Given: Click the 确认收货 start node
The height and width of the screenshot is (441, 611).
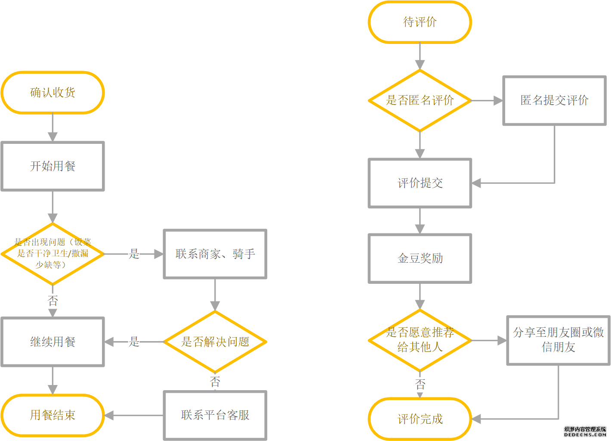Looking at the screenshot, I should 52,93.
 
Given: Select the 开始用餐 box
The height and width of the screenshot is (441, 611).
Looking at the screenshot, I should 52,166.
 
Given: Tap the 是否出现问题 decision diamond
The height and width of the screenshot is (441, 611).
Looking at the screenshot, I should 52,254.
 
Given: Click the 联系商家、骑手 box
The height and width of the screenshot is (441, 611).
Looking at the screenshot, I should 215,254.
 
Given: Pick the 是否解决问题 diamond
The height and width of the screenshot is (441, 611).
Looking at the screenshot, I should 215,342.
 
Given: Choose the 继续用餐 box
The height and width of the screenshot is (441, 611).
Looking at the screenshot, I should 52,342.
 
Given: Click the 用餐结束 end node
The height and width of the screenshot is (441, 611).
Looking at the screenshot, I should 52,415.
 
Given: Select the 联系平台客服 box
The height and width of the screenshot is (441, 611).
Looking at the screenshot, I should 215,415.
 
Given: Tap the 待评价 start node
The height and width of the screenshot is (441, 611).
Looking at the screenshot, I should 420,22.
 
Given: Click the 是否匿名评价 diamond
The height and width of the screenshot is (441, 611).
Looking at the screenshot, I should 420,100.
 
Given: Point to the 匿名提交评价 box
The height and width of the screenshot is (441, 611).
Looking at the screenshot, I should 555,101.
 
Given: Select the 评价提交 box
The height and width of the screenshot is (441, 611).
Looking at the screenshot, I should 420,183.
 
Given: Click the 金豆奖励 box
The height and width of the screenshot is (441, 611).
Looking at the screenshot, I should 420,258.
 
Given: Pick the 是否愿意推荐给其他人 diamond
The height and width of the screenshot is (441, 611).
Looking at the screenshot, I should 420,340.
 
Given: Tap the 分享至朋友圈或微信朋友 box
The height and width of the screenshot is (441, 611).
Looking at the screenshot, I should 559,340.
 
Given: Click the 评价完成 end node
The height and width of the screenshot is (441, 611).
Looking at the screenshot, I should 420,419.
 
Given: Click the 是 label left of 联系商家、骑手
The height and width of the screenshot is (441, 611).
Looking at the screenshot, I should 135,254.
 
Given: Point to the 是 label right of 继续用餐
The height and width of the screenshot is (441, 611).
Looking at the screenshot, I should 135,342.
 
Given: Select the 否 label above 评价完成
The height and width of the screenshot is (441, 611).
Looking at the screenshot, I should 420,384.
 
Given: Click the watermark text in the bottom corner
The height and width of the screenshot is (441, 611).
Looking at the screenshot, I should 585,432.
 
